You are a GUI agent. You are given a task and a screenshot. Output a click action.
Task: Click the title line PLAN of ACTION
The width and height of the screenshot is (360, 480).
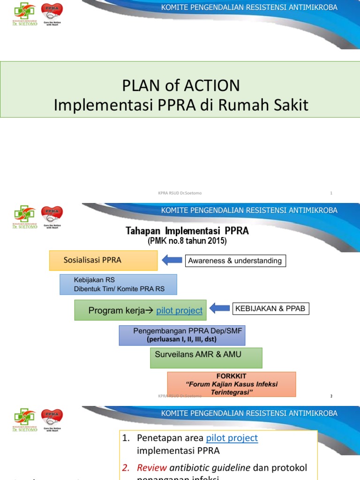pos(181,86)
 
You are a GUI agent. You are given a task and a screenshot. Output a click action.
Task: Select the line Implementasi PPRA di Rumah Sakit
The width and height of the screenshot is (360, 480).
pos(181,105)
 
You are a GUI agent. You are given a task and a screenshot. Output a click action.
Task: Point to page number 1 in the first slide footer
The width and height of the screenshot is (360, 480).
pos(331,193)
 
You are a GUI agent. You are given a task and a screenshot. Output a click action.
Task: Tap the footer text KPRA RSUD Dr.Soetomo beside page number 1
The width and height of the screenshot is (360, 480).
pos(180,193)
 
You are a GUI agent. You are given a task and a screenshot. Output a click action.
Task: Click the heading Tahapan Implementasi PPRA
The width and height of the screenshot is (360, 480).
pos(187,231)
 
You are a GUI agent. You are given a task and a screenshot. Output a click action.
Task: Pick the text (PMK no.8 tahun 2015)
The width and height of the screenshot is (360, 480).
pos(187,241)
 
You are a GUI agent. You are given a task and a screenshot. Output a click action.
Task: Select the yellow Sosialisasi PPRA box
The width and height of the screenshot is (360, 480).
pos(103,260)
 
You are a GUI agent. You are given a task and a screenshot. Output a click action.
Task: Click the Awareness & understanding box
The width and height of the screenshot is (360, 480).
pos(235,261)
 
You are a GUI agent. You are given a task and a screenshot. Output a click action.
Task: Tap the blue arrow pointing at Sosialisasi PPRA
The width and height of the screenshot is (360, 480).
pos(172,260)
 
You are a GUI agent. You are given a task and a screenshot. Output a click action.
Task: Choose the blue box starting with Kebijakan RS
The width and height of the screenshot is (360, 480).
pos(118,285)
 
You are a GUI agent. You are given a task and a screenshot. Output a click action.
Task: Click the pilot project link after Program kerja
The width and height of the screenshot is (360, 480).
pos(180,310)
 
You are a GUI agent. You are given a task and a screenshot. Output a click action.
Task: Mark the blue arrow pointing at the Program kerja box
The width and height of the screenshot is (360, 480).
pos(219,308)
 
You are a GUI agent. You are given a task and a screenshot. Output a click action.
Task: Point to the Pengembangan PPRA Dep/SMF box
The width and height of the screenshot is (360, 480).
pos(182,335)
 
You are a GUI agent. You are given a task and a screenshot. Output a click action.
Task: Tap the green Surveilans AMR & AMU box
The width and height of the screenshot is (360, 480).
pos(206,357)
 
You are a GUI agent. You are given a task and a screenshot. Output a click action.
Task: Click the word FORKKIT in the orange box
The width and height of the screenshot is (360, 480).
pos(231,376)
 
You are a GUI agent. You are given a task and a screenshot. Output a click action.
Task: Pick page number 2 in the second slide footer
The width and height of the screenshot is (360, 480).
pos(331,396)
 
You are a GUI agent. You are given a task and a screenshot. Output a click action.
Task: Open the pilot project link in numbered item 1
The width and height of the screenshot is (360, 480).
pos(232,438)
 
